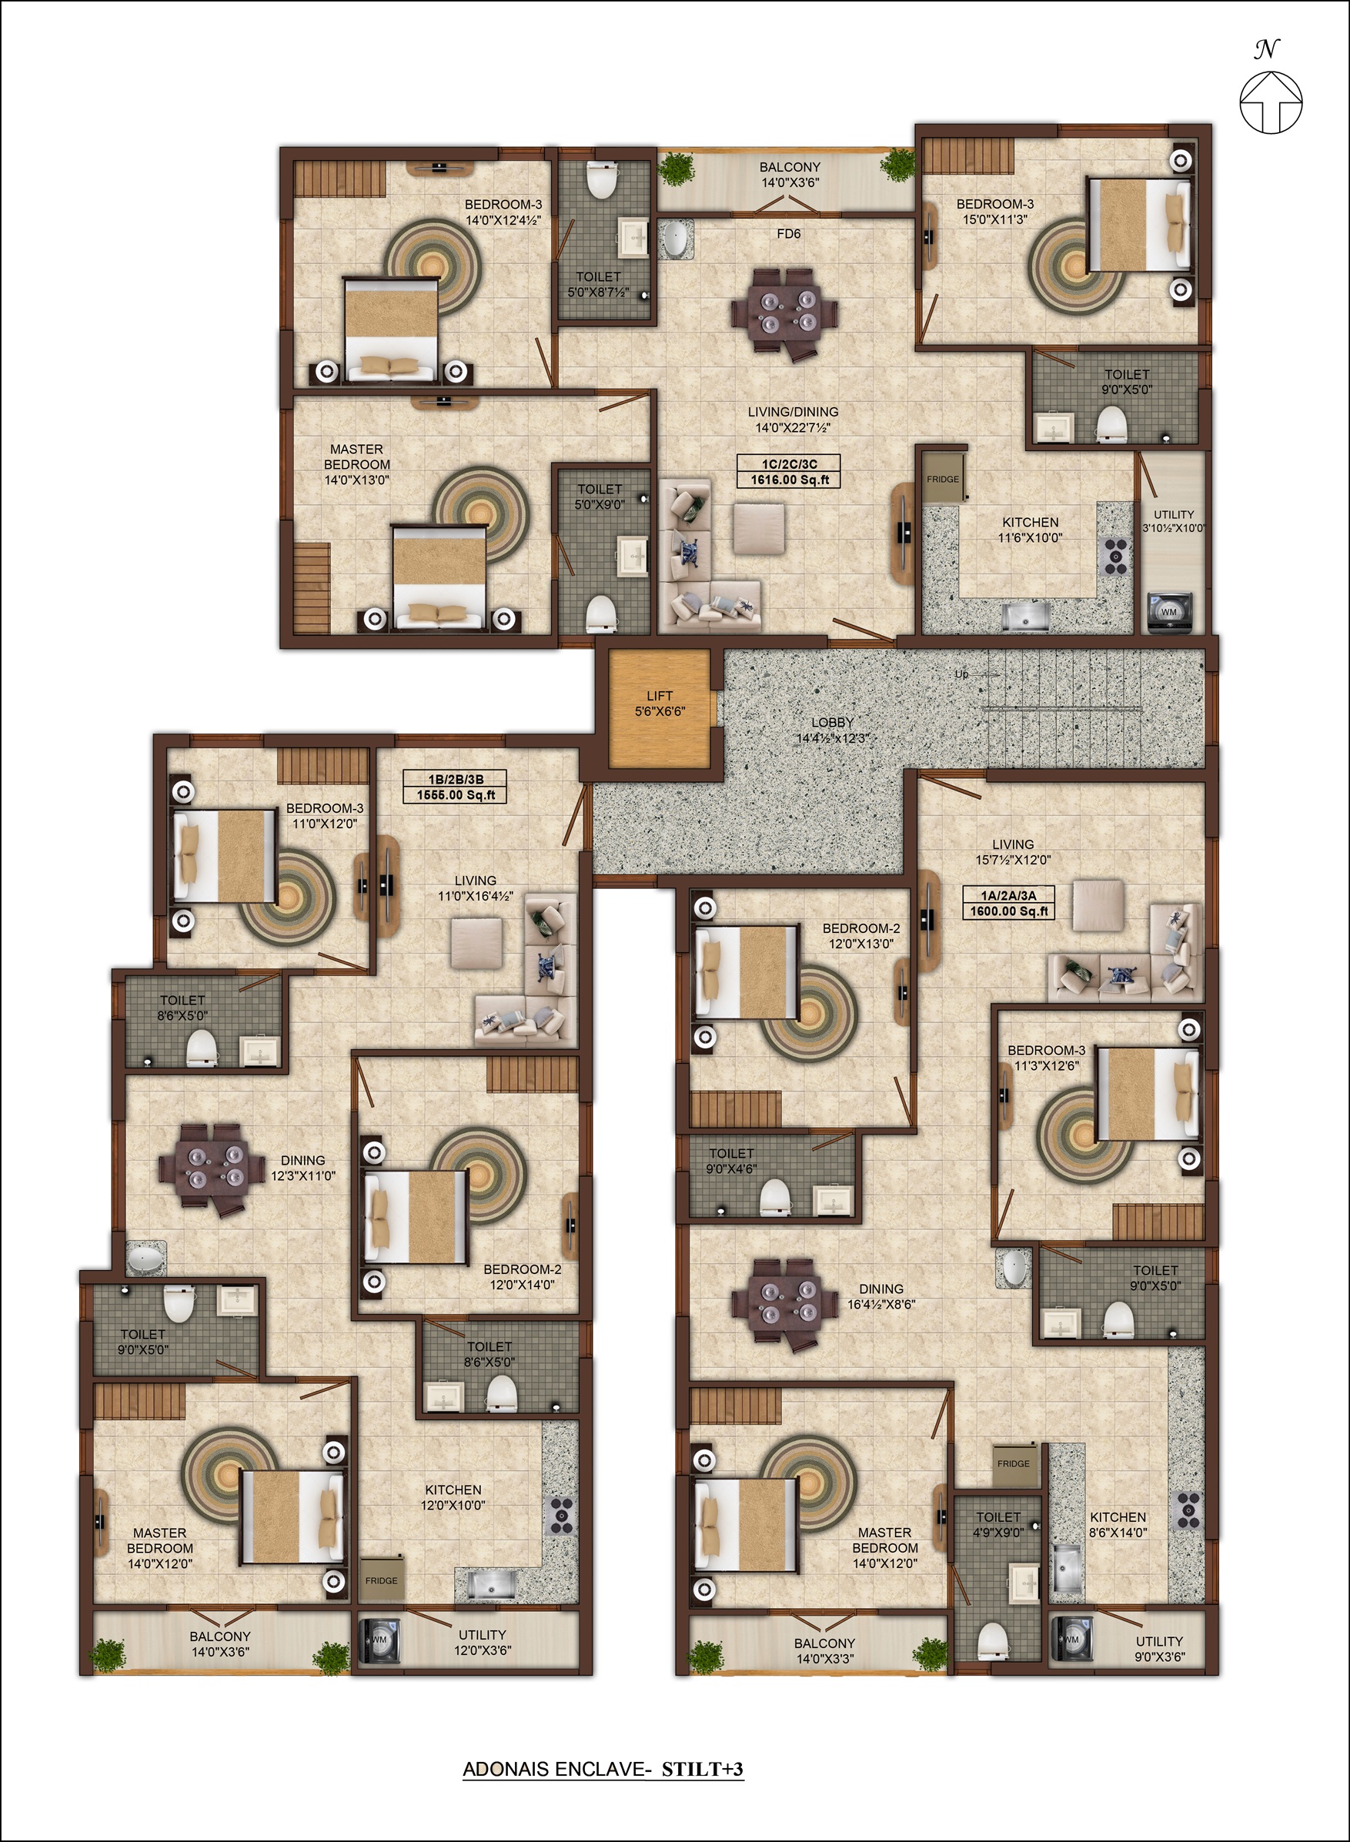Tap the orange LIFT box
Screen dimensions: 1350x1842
pyautogui.click(x=660, y=707)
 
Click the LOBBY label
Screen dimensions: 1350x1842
pyautogui.click(x=832, y=723)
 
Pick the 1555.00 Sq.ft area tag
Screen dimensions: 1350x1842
pyautogui.click(x=456, y=787)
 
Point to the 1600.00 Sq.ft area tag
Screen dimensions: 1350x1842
pyautogui.click(x=1008, y=903)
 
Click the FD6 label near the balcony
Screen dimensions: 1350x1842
pyautogui.click(x=789, y=234)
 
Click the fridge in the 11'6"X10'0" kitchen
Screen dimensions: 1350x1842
pyautogui.click(x=944, y=476)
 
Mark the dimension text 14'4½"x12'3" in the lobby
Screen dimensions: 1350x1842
pyautogui.click(x=832, y=738)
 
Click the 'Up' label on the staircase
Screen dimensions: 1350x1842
pyautogui.click(x=962, y=674)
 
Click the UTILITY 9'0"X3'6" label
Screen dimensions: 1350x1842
pyautogui.click(x=1160, y=1648)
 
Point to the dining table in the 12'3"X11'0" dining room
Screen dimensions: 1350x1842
pyautogui.click(x=211, y=1166)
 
